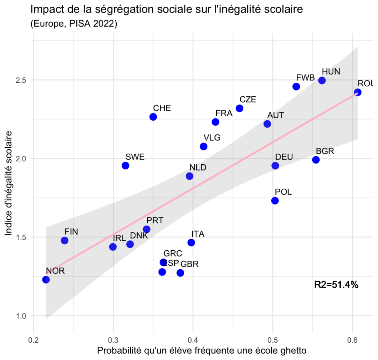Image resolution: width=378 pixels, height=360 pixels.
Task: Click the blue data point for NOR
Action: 46,280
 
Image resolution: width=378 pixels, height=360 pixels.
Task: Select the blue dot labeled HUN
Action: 322,80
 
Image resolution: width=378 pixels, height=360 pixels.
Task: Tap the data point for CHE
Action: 153,117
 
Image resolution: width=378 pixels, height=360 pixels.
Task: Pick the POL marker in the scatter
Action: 275,200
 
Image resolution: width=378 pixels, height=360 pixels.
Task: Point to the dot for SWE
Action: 126,165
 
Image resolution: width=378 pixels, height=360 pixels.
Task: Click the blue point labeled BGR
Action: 316,160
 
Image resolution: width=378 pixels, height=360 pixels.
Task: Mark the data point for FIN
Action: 65,240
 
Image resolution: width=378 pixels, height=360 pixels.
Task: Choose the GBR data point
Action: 180,273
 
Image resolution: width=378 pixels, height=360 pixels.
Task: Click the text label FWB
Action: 306,78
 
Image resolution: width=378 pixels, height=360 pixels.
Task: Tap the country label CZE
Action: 248,99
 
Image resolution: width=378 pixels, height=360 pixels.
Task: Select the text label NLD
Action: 198,167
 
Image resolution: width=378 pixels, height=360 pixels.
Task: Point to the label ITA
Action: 198,234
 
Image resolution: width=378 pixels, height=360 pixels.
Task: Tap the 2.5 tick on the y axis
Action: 22,80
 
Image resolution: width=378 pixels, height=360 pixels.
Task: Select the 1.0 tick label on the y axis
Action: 22,316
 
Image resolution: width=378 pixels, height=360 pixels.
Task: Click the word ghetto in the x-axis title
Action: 293,351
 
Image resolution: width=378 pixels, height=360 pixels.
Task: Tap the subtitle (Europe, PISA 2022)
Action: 73,24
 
